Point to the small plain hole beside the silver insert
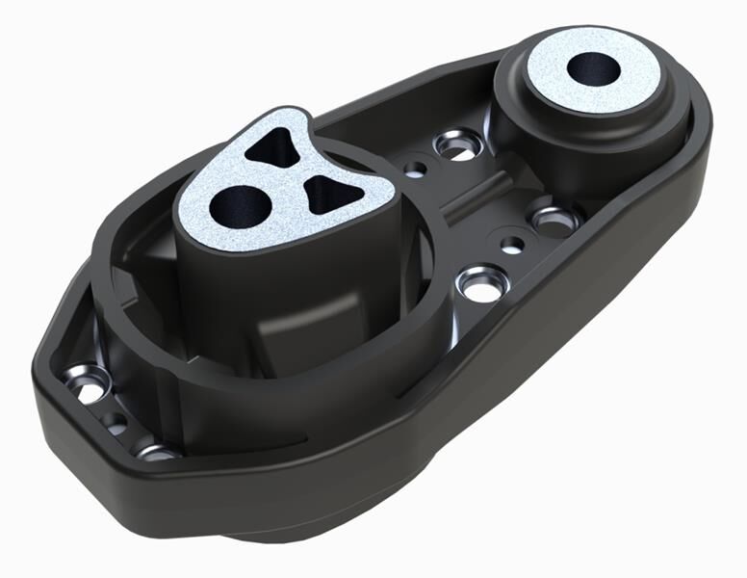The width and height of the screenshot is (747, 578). coord(415,169)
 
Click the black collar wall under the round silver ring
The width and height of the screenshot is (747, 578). coord(539,120)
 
